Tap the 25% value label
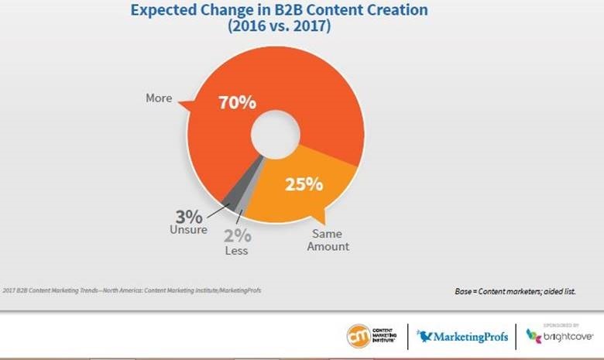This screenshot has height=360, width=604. click(x=304, y=185)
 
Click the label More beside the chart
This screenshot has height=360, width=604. click(x=159, y=98)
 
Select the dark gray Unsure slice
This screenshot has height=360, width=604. click(x=226, y=197)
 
